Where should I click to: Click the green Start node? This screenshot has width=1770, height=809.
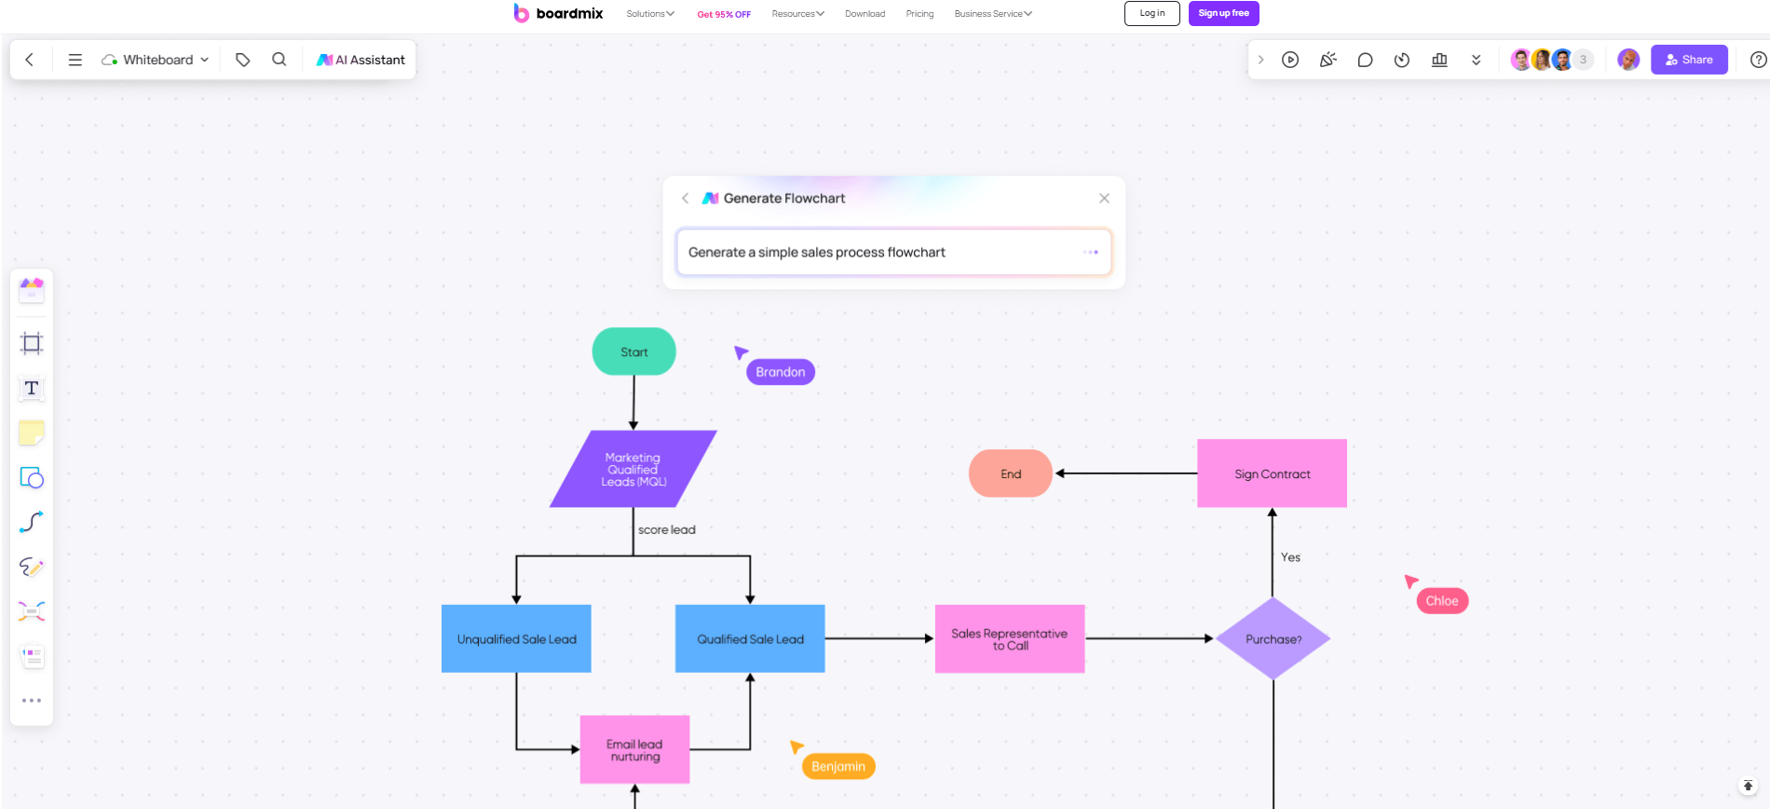pos(633,351)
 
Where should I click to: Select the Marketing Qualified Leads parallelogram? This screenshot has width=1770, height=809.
pos(633,469)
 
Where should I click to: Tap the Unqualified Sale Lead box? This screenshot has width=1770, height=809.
pos(516,638)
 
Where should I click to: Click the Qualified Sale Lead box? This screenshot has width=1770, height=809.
pos(750,638)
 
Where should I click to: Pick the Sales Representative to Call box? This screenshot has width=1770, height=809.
pos(1010,638)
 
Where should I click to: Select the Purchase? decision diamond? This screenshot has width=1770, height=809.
pos(1273,638)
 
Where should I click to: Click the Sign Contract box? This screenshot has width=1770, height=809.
pos(1272,473)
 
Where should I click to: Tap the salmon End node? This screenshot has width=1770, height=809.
pos(1011,473)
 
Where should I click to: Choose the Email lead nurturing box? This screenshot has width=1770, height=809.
pos(634,749)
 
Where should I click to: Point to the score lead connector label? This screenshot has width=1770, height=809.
pos(666,529)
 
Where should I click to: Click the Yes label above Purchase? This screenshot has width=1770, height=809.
pos(1290,557)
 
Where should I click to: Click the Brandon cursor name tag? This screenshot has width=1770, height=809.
pos(781,372)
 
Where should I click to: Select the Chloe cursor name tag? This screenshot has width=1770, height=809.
pos(1442,601)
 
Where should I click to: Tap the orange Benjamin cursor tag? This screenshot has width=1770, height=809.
pos(838,766)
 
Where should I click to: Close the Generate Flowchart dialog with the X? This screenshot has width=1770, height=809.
pos(1104,199)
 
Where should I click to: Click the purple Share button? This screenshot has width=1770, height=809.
pos(1689,60)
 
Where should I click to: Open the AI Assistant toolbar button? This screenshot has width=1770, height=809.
pos(361,60)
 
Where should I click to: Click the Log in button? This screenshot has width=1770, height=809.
pos(1151,13)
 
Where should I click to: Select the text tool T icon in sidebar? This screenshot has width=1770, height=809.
pos(32,388)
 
